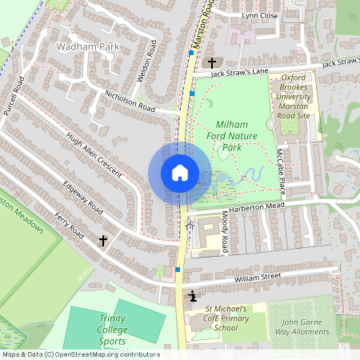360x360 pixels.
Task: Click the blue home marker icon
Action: (179, 173)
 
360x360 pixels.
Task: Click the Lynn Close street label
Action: (260, 15)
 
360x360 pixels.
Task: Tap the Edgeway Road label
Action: (82, 197)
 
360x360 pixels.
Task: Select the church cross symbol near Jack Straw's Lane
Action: (212, 62)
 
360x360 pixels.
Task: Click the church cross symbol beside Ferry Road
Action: (102, 240)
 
